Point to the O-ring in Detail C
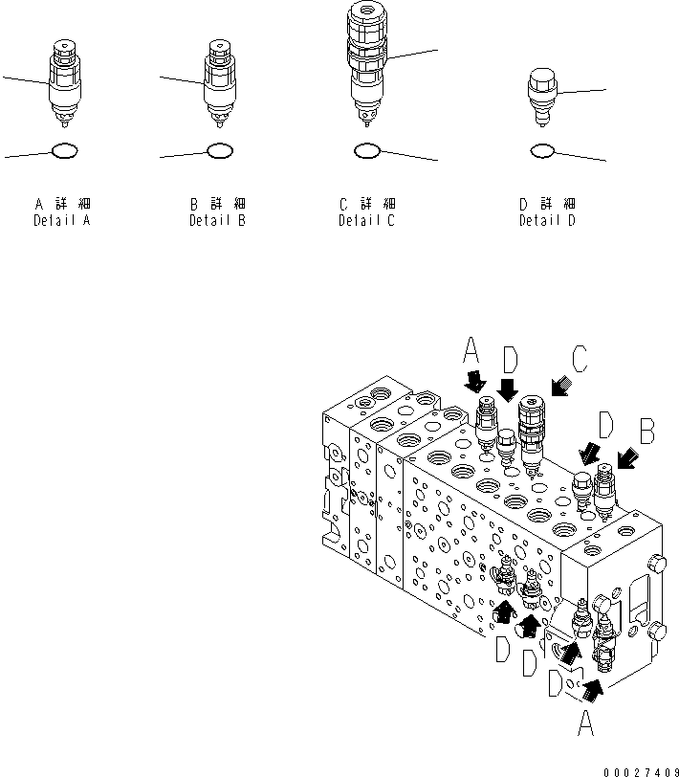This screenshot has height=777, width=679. pos(367,149)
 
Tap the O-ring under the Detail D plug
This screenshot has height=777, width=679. pos(541,149)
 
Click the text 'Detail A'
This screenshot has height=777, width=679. pos(63,221)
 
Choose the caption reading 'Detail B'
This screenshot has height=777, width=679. pos(219,221)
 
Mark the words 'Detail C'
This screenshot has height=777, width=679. pos(367,221)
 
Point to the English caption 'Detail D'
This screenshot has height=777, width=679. pos(548,221)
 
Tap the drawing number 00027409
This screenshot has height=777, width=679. pos(640,768)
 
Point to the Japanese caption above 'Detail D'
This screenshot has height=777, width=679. pos(548,204)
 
